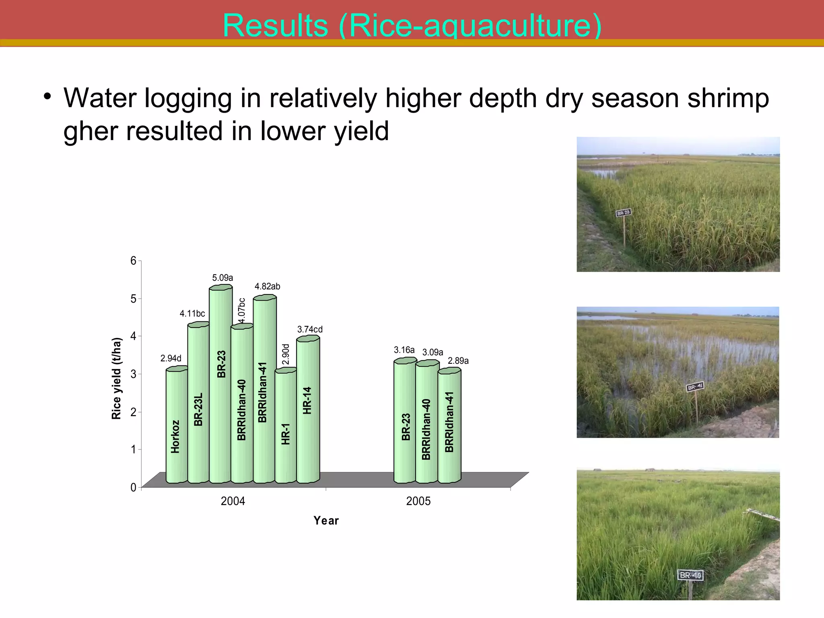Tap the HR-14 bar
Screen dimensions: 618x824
pos(307,410)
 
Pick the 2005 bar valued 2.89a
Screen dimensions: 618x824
pos(449,426)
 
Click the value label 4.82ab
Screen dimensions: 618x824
pos(267,286)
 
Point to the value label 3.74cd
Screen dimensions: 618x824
pos(310,330)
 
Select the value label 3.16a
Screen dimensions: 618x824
pos(404,350)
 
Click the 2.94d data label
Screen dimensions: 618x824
pos(171,358)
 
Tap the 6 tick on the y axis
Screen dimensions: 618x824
pos(133,261)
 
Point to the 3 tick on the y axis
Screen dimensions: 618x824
pos(133,374)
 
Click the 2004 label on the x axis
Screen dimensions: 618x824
pos(233,501)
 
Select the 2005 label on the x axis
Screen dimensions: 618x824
pos(418,501)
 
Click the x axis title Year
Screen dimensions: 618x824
pos(326,521)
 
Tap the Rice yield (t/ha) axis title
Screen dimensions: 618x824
pos(116,378)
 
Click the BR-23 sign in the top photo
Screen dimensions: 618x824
pos(623,213)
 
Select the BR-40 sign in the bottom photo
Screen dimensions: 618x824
pos(690,575)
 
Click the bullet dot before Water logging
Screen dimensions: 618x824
pos(47,97)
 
